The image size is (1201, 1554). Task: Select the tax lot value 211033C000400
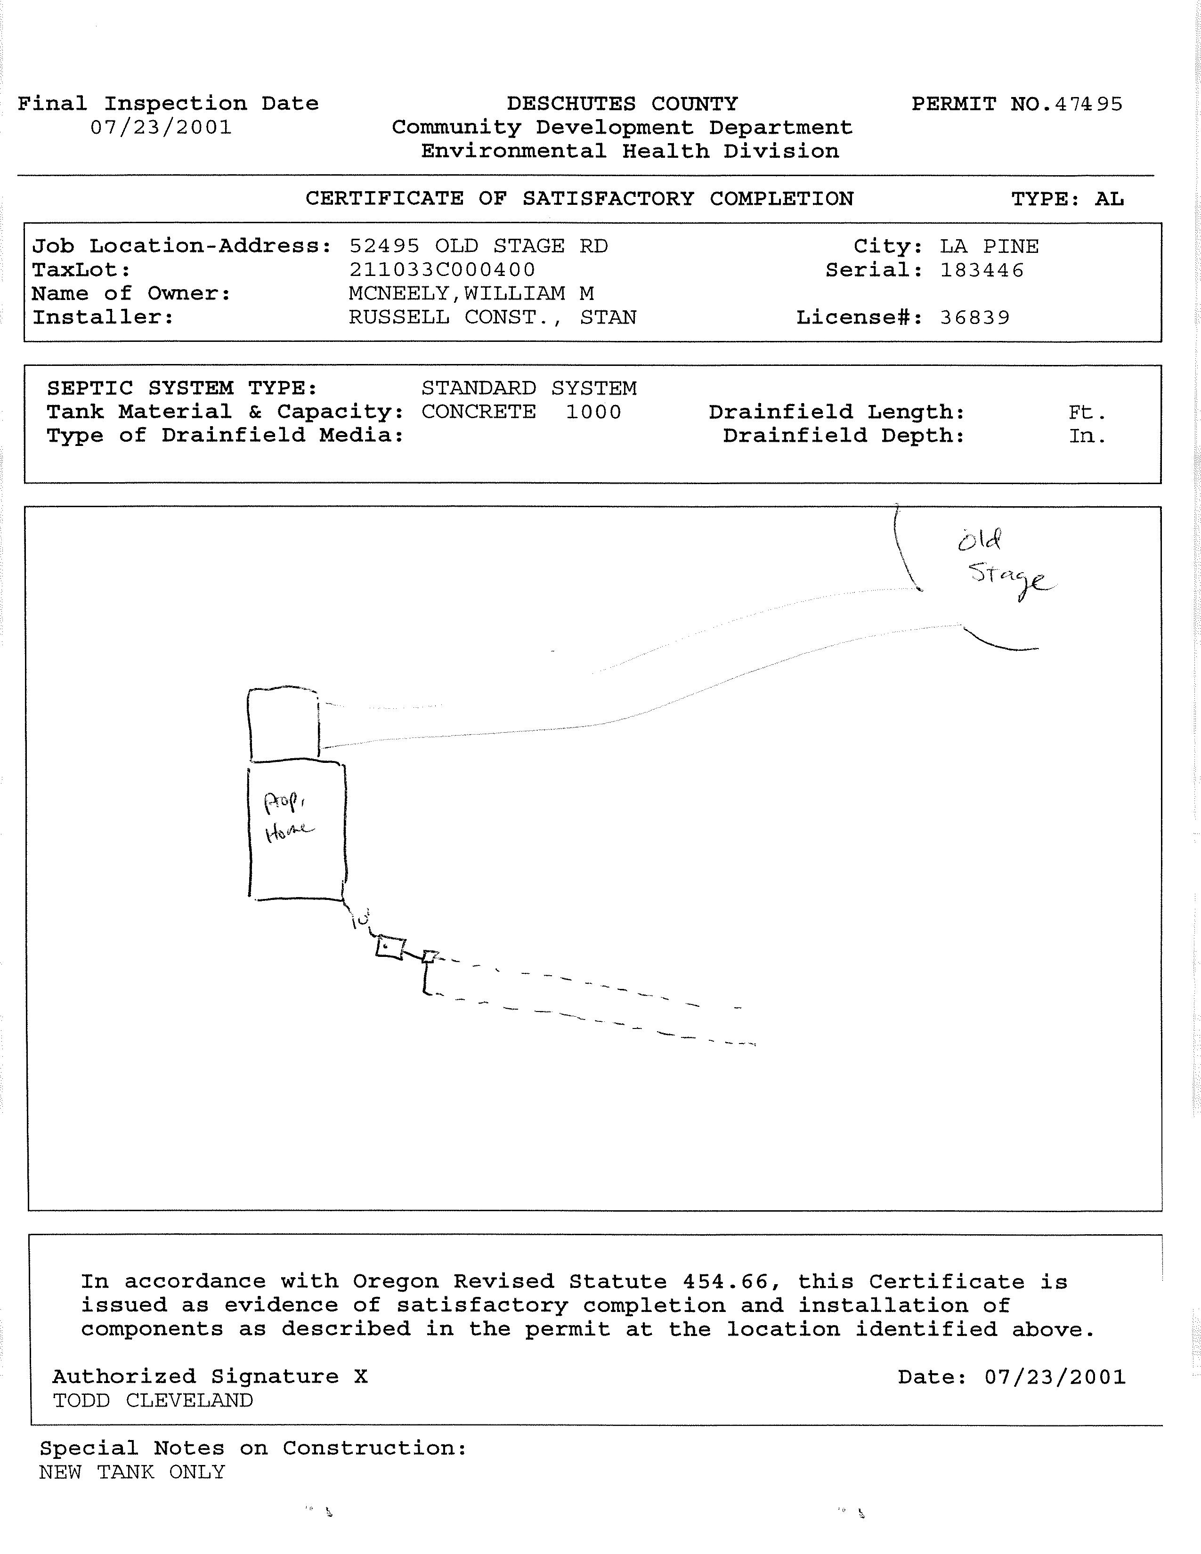[x=442, y=270]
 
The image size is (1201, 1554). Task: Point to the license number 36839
[x=974, y=317]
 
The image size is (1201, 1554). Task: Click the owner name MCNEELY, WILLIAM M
[x=471, y=293]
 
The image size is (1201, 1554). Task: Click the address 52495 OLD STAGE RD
[x=478, y=246]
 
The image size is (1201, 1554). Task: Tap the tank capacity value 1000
[x=593, y=412]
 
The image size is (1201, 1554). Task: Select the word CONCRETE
[x=478, y=412]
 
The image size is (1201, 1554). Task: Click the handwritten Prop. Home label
[x=287, y=817]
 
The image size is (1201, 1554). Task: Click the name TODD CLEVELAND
[x=153, y=1400]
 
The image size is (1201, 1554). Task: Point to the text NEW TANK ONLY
[x=132, y=1472]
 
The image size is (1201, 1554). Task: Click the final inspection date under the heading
[x=161, y=128]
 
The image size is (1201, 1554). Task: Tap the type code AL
[x=1109, y=199]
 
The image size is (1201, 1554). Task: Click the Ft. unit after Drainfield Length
[x=1087, y=412]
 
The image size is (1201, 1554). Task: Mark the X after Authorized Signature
[x=361, y=1377]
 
